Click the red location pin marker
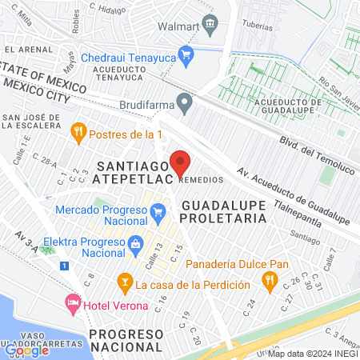(181, 162)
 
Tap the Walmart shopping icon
(210, 23)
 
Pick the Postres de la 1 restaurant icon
(78, 132)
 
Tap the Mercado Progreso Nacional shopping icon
(158, 211)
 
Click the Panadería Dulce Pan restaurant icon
(270, 280)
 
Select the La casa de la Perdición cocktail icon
(124, 283)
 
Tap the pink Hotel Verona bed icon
(72, 303)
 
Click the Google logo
(26, 350)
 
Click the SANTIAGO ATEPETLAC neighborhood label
(133, 173)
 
